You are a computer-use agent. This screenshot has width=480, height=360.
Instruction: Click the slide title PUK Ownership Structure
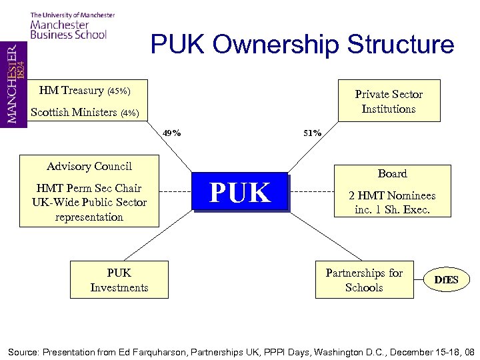pyautogui.click(x=302, y=45)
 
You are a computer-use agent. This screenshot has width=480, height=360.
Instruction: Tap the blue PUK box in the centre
pyautogui.click(x=240, y=193)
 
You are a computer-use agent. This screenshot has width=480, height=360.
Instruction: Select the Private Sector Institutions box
pyautogui.click(x=389, y=101)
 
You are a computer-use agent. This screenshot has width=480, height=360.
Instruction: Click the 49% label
pyautogui.click(x=171, y=133)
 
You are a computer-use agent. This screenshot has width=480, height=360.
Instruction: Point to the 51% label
pyautogui.click(x=312, y=133)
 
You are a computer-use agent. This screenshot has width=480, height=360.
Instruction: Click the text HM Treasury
pyautogui.click(x=71, y=91)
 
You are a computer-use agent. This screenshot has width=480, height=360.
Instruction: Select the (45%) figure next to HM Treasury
pyautogui.click(x=119, y=91)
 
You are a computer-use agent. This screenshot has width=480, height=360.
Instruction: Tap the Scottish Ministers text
pyautogui.click(x=73, y=112)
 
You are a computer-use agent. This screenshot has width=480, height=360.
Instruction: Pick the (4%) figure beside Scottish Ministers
pyautogui.click(x=129, y=113)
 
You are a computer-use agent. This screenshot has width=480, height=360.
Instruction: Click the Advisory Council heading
pyautogui.click(x=89, y=167)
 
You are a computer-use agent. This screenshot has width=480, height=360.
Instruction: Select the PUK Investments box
pyautogui.click(x=119, y=280)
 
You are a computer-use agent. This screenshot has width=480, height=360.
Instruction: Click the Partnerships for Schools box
pyautogui.click(x=363, y=280)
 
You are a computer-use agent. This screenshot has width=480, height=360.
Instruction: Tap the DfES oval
pyautogui.click(x=447, y=280)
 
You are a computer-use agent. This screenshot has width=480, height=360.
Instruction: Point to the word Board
pyautogui.click(x=392, y=173)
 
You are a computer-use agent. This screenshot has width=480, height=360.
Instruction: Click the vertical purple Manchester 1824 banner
pyautogui.click(x=13, y=83)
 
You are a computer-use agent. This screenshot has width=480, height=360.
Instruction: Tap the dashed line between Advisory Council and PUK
pyautogui.click(x=176, y=193)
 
